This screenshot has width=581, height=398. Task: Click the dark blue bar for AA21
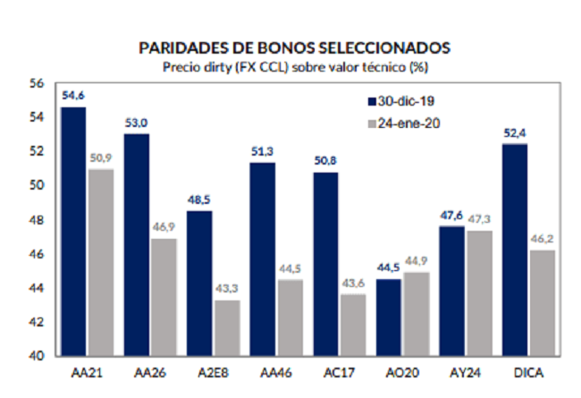(73, 232)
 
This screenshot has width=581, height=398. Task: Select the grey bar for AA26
(164, 297)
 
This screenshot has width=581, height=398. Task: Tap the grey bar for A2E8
(227, 328)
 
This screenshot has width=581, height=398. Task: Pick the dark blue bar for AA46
(262, 259)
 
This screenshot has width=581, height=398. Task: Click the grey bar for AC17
(353, 326)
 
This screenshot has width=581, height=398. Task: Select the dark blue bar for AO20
(389, 318)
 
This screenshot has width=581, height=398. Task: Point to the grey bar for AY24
(479, 293)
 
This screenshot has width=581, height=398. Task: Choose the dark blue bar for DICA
(515, 250)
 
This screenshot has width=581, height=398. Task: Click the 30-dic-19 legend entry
(401, 101)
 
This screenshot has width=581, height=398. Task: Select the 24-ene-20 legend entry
(404, 123)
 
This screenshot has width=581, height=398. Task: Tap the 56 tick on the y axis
(37, 83)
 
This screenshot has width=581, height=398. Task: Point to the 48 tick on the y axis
(37, 220)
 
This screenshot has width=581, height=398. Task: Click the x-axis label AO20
(402, 372)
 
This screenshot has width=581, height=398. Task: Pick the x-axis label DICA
(529, 372)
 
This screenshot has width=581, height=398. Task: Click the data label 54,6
(73, 96)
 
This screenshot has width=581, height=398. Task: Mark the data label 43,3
(227, 288)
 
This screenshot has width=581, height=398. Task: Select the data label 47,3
(479, 219)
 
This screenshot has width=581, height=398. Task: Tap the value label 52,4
(515, 132)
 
